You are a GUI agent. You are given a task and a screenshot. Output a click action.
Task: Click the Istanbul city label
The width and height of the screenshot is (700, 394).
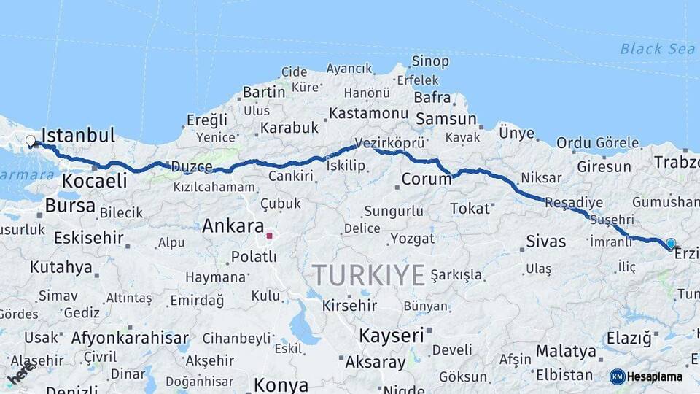click(x=79, y=136)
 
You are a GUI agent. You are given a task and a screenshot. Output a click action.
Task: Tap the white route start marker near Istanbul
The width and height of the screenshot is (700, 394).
click(x=31, y=142)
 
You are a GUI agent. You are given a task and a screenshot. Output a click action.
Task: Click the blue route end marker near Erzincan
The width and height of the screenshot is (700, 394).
click(x=671, y=244)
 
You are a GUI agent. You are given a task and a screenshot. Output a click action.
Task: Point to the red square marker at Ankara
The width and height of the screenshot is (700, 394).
click(x=269, y=236)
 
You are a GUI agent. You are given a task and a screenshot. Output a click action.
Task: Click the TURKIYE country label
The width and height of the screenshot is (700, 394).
click(x=368, y=275)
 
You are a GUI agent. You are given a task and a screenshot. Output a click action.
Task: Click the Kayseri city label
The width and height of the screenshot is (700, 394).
click(x=391, y=336)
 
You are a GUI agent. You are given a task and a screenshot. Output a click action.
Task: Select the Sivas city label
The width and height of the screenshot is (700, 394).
click(x=545, y=241)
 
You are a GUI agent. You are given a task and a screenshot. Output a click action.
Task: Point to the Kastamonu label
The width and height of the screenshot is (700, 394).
click(x=367, y=114)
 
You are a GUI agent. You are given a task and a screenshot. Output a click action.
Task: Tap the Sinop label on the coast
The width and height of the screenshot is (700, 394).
click(x=430, y=61)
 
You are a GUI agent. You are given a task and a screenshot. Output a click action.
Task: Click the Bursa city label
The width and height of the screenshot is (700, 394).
click(x=70, y=206)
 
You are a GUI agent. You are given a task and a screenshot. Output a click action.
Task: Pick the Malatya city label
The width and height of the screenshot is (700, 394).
click(x=566, y=351)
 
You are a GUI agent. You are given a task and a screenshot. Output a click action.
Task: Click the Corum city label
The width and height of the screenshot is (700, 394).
click(x=427, y=179)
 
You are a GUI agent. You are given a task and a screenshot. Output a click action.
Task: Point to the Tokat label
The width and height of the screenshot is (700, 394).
click(x=470, y=209)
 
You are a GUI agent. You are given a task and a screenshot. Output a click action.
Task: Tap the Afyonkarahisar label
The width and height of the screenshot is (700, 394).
click(x=130, y=339)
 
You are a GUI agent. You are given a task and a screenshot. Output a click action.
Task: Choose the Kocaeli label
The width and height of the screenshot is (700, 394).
click(x=95, y=181)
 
